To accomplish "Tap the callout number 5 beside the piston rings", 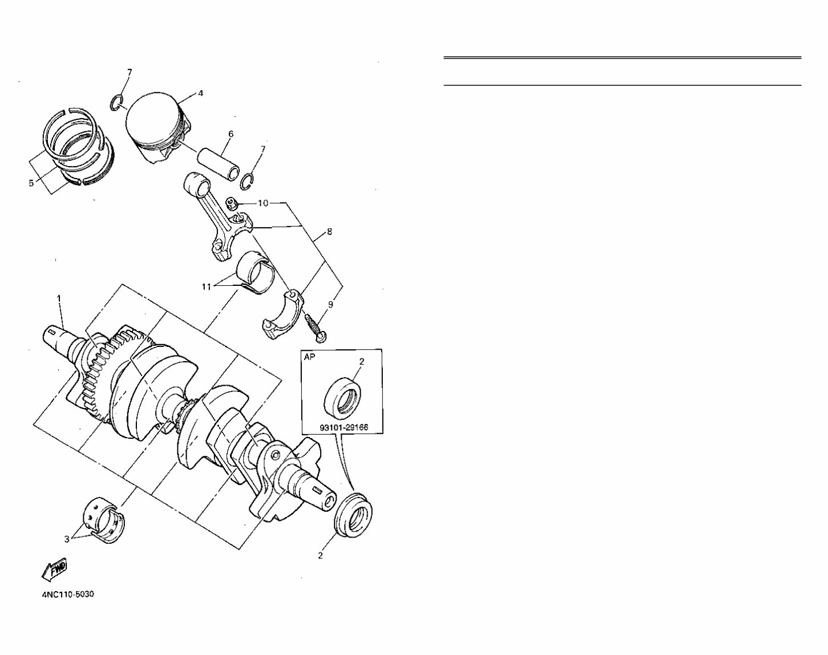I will point(31,183).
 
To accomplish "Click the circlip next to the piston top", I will point(118,103).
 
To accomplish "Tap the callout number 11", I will point(207,286).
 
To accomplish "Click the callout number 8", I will point(329,232).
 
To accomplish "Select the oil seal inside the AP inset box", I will point(342,395).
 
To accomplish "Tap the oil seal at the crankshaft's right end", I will point(354,515).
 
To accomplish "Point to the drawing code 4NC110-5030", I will point(68,594).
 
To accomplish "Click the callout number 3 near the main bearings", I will point(67,539).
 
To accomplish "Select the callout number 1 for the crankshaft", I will point(59,298).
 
